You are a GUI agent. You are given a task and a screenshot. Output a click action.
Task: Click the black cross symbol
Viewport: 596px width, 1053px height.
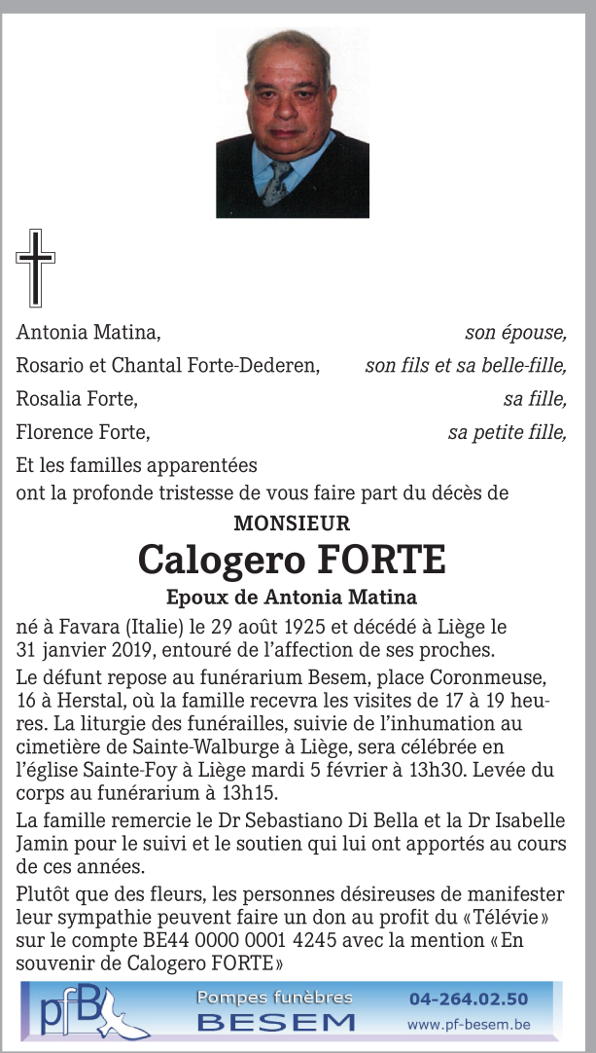click(35, 268)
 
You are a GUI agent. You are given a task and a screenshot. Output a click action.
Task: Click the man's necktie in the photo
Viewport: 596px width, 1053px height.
click(277, 180)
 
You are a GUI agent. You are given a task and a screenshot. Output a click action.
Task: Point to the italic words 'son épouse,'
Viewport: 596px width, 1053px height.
click(515, 333)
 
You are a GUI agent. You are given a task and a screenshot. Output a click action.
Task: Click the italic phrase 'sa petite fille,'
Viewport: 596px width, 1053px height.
click(507, 432)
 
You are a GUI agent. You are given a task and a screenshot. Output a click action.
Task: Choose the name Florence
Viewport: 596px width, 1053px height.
click(53, 432)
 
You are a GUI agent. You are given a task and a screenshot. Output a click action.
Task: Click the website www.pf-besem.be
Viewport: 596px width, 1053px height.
click(469, 1024)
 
